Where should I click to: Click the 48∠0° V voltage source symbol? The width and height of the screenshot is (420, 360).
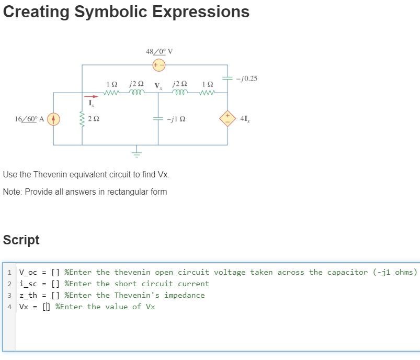158,65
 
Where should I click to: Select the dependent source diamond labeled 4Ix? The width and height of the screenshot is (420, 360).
228,119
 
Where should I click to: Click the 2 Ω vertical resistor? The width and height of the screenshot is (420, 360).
82,119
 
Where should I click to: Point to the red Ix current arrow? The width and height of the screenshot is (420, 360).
92,96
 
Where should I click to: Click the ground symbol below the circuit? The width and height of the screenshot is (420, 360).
137,153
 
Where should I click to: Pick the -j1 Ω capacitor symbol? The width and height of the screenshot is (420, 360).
158,119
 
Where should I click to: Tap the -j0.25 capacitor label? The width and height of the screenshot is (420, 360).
247,78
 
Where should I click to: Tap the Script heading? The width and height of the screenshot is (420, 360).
21,240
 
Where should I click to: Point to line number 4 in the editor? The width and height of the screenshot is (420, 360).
10,307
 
